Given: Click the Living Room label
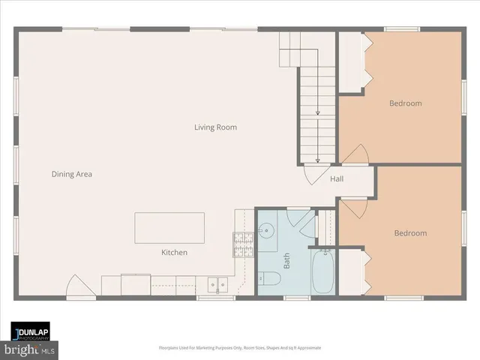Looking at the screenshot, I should [x=215, y=127].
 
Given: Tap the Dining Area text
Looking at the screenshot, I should [x=71, y=174].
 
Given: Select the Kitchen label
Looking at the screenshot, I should [x=174, y=253].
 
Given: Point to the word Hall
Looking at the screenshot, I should [x=337, y=179].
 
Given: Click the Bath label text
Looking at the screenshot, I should [x=286, y=261].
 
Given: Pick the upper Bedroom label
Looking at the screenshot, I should [x=405, y=103].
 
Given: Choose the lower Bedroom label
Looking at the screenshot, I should [x=410, y=233].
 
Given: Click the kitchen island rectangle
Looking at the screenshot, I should [x=169, y=228].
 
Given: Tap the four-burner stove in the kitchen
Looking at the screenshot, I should [x=243, y=243].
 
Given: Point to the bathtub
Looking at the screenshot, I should [x=324, y=271].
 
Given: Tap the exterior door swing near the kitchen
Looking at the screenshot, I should [x=79, y=286].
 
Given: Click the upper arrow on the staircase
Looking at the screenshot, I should [x=317, y=112].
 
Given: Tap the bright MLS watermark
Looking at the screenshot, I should [x=30, y=349].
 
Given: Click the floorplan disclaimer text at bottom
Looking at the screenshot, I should [x=239, y=348].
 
